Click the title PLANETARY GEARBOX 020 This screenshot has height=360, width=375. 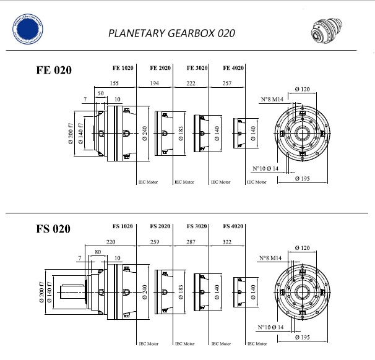pyautogui.click(x=171, y=33)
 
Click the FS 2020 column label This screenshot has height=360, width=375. pyautogui.click(x=160, y=226)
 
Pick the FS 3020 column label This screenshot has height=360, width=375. pyautogui.click(x=197, y=226)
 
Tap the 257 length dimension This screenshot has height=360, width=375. pyautogui.click(x=228, y=82)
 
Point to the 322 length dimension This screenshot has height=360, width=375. pyautogui.click(x=228, y=243)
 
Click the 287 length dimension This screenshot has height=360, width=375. pyautogui.click(x=191, y=243)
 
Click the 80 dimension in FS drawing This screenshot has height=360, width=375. pyautogui.click(x=98, y=252)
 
